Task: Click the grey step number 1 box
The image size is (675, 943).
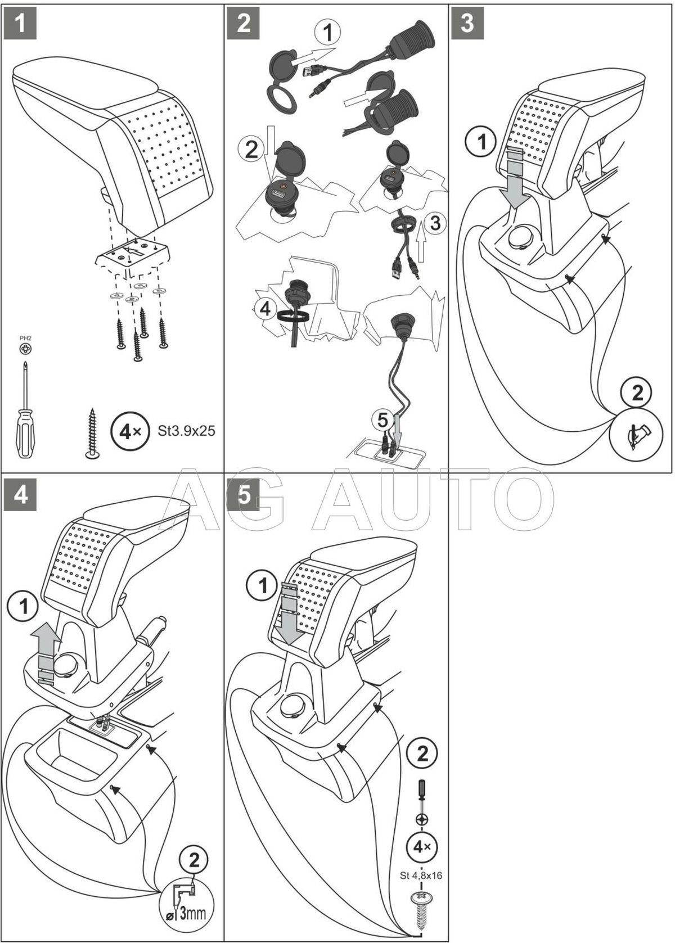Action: [x=20, y=24]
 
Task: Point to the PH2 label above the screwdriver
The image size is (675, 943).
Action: [x=25, y=338]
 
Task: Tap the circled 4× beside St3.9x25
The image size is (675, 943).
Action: [x=127, y=432]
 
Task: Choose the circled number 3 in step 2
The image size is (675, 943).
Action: [x=434, y=223]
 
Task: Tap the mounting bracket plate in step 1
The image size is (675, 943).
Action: [x=133, y=255]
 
